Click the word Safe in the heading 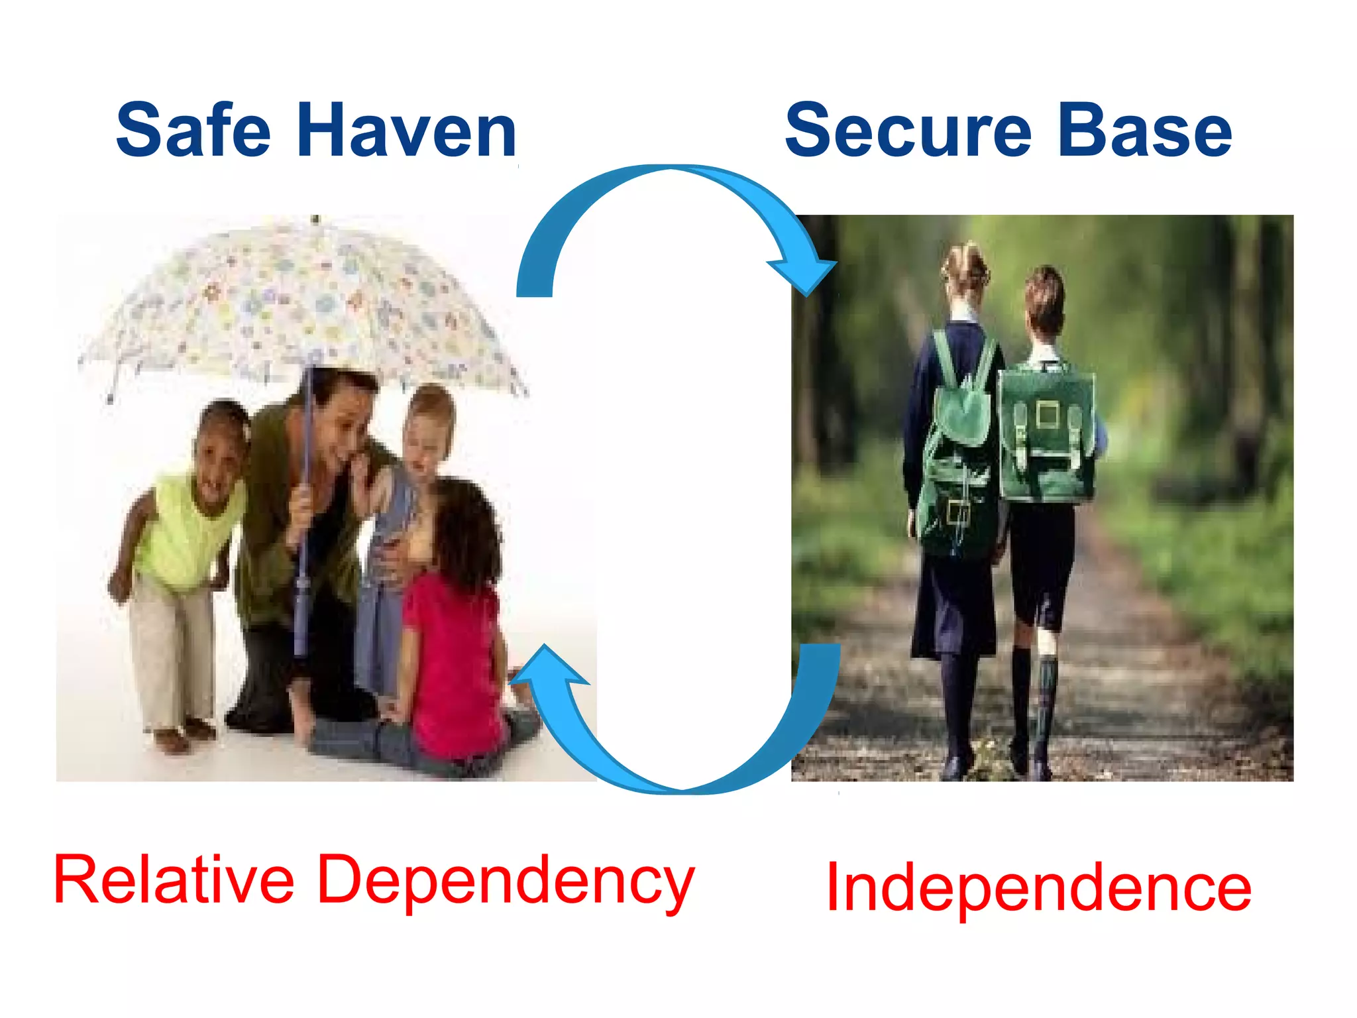193,131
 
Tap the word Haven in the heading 406,131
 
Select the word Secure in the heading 908,131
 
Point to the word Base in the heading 1144,131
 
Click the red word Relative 174,881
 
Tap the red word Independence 1038,887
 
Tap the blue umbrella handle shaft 304,530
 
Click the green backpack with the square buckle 1046,434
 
